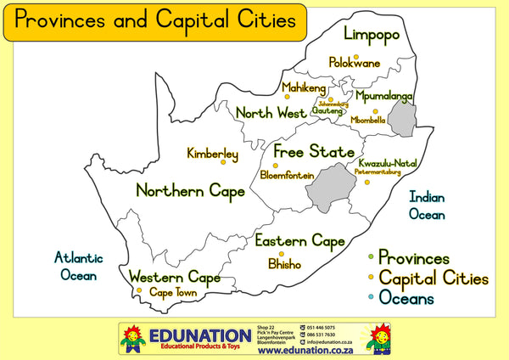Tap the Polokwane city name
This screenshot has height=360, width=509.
[x=355, y=64]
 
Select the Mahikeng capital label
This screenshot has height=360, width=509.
[x=304, y=88]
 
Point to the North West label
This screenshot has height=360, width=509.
[x=271, y=112]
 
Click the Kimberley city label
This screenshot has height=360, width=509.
[x=212, y=155]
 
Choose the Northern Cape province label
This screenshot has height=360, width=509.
[x=190, y=191]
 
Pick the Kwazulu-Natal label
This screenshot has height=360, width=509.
[x=388, y=162]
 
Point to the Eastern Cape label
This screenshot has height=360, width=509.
[x=299, y=242]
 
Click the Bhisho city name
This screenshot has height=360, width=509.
[x=284, y=264]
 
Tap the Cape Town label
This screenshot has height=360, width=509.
[x=173, y=293]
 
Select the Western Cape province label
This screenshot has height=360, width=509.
[x=174, y=277]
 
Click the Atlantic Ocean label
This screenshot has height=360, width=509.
[x=78, y=266]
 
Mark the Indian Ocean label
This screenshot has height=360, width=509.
[x=427, y=205]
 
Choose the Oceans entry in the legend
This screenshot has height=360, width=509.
[x=406, y=298]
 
